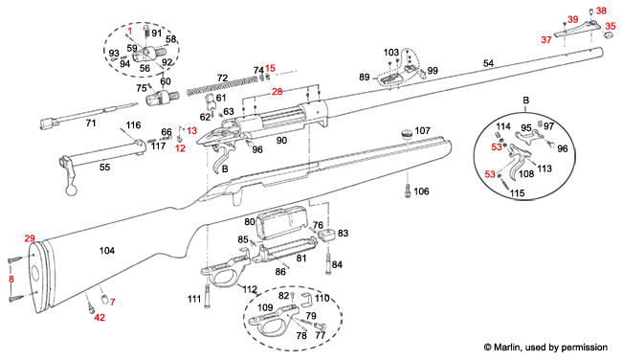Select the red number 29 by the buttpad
coord(30,237)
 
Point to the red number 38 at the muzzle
coord(602,11)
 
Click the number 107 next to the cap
coord(422,129)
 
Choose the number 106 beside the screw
coord(421,191)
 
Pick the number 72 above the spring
coord(222,77)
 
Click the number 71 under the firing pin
coord(91,124)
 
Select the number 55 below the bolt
coord(105,168)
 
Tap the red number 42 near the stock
coord(99,317)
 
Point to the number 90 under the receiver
coord(281,141)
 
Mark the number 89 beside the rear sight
coord(364,77)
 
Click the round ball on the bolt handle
coord(73,190)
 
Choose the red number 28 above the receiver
coord(277,92)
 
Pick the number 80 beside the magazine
coord(249,222)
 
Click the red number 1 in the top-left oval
coord(130,32)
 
